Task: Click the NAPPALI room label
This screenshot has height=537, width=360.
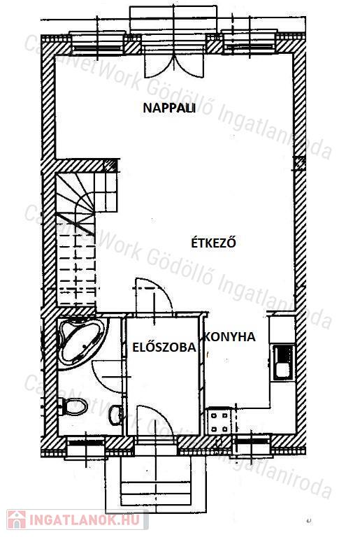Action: [169, 108]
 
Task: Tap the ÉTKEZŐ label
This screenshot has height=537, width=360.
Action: [213, 242]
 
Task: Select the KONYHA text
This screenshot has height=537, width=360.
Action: [230, 337]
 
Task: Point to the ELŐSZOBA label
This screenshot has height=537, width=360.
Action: [164, 348]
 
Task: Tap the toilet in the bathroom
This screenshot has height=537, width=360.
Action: [73, 406]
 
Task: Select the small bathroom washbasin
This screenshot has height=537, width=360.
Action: [116, 415]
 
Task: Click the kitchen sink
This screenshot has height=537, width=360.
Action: [283, 363]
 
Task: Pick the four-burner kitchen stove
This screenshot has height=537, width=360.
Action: [219, 422]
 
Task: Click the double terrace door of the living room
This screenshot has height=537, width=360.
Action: [173, 62]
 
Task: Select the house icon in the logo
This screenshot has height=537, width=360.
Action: [17, 520]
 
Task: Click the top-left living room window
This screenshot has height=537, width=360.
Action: [97, 44]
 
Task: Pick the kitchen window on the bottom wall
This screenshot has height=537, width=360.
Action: [252, 445]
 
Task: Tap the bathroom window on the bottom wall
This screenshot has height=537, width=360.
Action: [86, 446]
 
